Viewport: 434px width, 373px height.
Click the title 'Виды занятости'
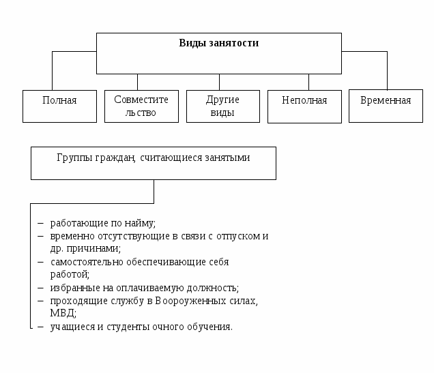(218, 43)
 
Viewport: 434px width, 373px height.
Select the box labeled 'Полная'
(59, 106)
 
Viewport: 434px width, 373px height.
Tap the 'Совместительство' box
(141, 106)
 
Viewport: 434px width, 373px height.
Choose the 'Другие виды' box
(223, 106)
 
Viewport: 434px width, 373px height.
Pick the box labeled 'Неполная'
(304, 106)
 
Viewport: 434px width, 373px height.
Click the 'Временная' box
(386, 106)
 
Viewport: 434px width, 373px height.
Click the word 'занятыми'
(227, 158)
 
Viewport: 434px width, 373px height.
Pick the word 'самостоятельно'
(87, 262)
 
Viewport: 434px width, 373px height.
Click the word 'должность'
(212, 288)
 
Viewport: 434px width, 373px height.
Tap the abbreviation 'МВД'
(62, 313)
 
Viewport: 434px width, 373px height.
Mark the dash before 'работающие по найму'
(40, 224)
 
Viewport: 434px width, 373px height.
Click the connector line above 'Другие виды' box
(219, 82)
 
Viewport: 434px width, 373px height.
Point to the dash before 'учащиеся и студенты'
(40, 327)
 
